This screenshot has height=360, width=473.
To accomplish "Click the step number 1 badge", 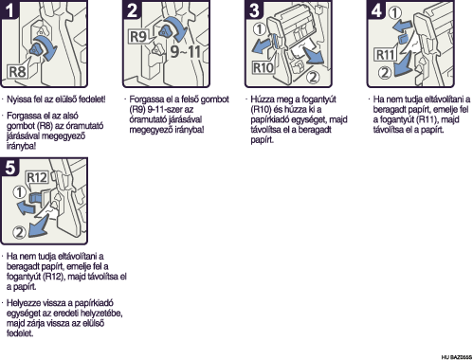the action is pos(9,9).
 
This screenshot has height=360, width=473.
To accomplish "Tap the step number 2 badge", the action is pos(132,9).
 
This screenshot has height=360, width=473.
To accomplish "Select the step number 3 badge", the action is pos(254,9).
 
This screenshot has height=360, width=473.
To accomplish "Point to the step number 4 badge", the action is pos(376,9).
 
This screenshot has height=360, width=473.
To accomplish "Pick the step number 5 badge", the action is pos(10,167).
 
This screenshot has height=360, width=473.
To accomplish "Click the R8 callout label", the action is pos(17,72).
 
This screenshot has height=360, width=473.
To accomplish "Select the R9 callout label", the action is pos(138,36).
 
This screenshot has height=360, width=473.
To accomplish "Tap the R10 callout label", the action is pos(264,67).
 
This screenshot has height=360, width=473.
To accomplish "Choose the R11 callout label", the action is pos(385,55).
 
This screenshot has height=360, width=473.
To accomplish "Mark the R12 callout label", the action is pos(37,177).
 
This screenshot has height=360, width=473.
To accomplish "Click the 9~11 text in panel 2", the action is pos(186,51).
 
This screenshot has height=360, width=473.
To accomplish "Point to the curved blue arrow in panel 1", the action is pos(47,46).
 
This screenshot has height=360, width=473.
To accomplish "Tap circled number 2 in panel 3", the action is pos(313,77).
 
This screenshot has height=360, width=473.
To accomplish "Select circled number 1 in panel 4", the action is pos(394,13).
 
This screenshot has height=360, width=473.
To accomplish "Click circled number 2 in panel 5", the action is pos(19,232).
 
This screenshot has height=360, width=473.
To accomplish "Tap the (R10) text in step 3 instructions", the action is pos(261,110).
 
